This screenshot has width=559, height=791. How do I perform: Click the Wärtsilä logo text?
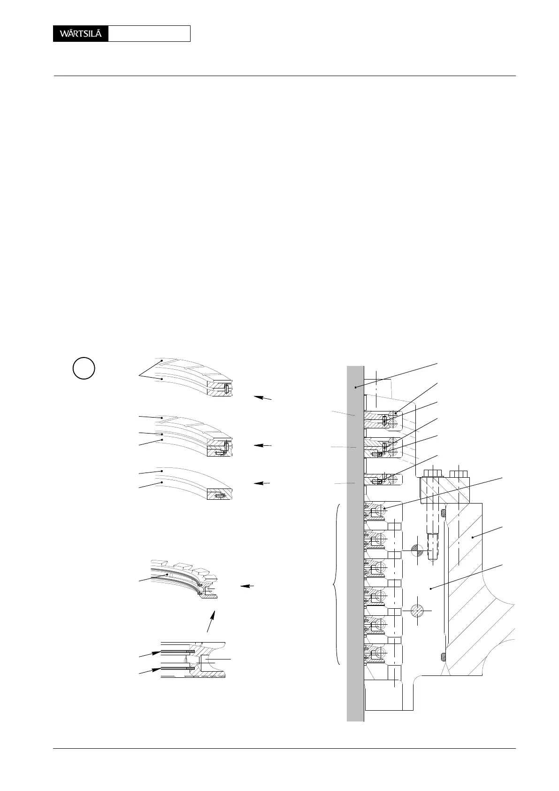(80, 34)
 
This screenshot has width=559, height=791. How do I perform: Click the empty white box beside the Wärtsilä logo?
(149, 34)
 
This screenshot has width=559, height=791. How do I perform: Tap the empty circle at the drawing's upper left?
(84, 368)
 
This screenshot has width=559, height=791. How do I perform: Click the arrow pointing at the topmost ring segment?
(262, 398)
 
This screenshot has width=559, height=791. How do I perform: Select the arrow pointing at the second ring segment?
(262, 445)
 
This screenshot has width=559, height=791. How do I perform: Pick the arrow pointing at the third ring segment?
(262, 483)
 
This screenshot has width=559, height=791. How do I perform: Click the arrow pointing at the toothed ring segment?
(247, 586)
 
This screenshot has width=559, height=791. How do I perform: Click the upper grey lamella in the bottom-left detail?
(176, 651)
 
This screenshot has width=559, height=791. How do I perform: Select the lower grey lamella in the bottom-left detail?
(176, 667)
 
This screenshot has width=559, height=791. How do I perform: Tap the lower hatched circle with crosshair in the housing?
(417, 611)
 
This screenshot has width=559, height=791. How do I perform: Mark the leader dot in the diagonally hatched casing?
(473, 537)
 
